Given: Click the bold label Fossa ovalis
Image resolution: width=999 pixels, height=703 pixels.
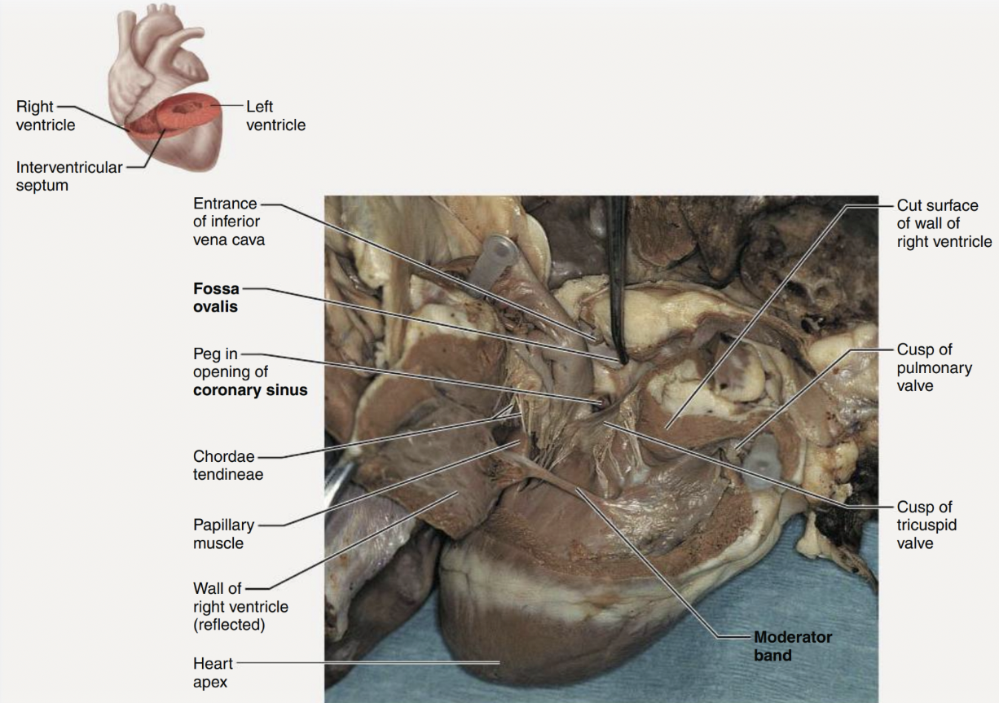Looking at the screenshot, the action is [x=216, y=298].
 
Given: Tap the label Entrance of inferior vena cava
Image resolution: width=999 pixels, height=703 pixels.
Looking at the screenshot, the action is [x=228, y=222].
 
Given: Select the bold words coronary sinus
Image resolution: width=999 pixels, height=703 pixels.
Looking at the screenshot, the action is [x=250, y=390].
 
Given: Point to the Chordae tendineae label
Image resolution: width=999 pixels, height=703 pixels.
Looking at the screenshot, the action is [x=228, y=465].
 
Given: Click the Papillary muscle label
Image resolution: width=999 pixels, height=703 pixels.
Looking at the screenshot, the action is [x=223, y=534].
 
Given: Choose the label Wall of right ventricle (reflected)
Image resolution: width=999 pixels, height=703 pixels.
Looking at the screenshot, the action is [x=240, y=607].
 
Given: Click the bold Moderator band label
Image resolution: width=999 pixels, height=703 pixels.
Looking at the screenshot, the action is [x=792, y=646].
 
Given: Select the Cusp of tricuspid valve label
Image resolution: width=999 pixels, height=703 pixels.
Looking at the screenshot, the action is [x=924, y=525].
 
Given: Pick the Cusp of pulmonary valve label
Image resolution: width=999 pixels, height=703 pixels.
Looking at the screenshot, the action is [x=934, y=367].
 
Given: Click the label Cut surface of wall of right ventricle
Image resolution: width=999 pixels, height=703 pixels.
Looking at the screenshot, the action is [x=944, y=223].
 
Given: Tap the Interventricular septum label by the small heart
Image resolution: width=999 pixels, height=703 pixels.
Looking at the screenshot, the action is [x=68, y=176].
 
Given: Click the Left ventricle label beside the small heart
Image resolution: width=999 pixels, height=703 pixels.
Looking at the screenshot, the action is [x=275, y=116].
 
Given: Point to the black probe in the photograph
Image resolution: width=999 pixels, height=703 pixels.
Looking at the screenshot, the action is [x=618, y=277].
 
